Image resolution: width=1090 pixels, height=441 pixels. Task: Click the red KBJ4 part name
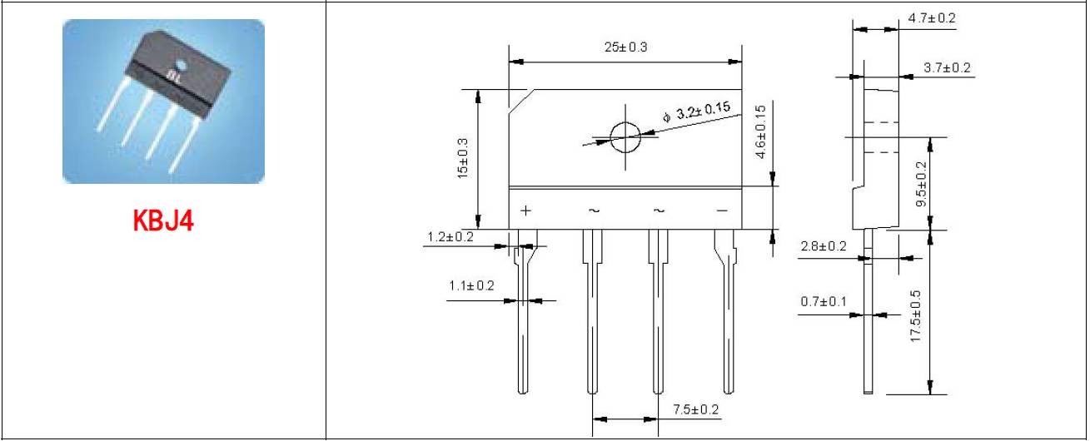(163, 220)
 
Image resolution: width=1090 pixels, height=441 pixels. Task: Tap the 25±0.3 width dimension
(626, 47)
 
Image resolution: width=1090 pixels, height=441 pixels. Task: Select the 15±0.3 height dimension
(463, 158)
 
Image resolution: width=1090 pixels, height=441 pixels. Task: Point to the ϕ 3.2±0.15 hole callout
(697, 111)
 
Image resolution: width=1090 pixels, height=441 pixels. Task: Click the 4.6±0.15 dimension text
(761, 131)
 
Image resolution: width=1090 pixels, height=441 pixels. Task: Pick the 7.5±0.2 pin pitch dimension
(696, 409)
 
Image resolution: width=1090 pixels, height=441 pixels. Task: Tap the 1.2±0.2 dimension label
(450, 237)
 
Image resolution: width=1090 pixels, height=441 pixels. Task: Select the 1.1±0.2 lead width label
(471, 285)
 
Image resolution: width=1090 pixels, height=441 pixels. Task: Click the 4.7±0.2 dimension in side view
(932, 18)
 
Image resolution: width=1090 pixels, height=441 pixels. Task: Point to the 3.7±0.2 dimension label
(947, 67)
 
